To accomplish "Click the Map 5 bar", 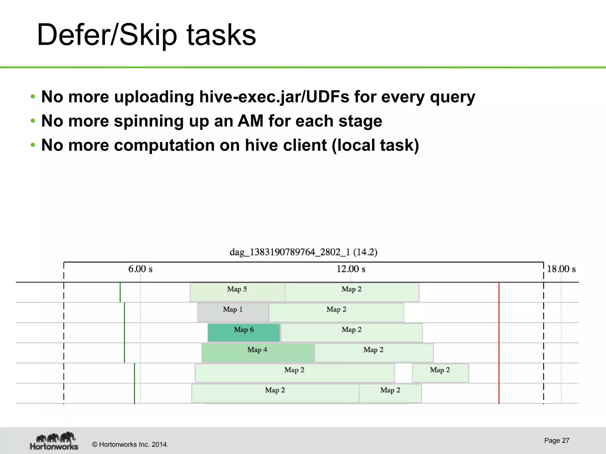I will [237, 292].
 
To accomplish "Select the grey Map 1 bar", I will [233, 312].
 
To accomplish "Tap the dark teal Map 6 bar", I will [244, 333].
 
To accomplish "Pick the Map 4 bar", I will [257, 353].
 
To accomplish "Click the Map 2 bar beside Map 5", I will [352, 292].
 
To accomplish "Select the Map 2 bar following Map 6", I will [352, 333].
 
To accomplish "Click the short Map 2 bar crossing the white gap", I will [440, 373].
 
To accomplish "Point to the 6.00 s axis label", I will [140, 269].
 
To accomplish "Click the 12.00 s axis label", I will [351, 269].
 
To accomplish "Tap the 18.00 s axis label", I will [561, 269].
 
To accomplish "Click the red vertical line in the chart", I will [499, 343].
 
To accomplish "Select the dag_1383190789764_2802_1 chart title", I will [303, 252].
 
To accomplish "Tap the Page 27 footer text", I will [557, 440].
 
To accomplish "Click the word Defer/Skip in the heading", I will [107, 35].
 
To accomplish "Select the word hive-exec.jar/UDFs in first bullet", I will [274, 97].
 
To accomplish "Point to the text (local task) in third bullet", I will [375, 145].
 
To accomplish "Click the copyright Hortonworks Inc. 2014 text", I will [130, 445].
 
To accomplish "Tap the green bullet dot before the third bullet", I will [33, 145].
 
